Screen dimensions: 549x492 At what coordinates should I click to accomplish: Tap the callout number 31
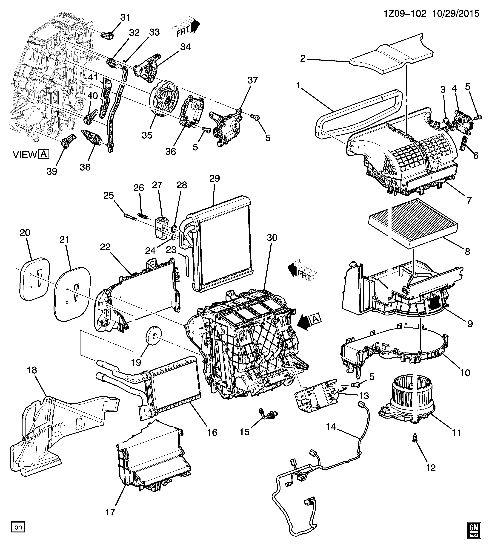coord(125,18)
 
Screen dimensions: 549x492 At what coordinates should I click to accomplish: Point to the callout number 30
coord(272,238)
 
